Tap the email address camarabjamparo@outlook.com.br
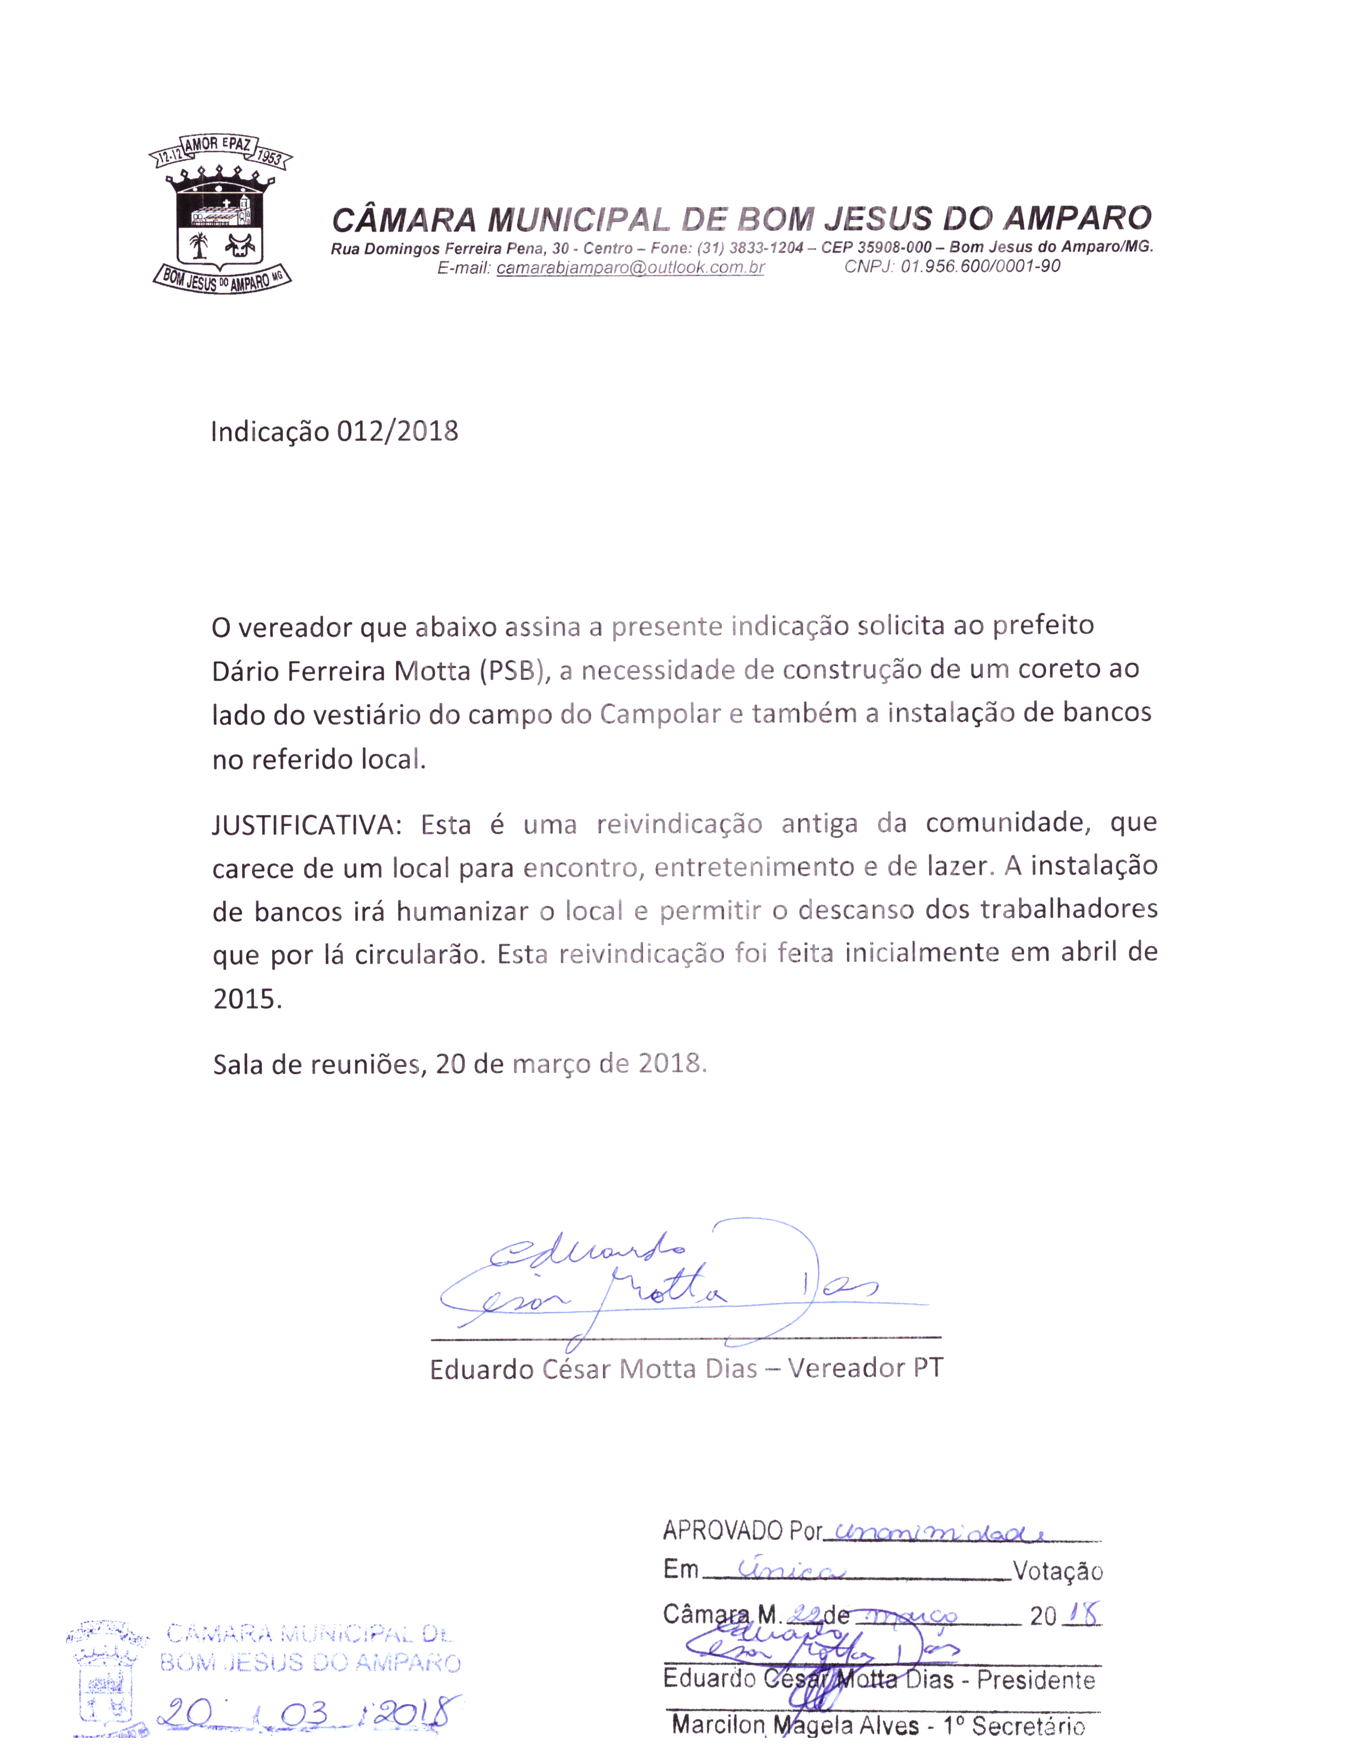click(x=630, y=268)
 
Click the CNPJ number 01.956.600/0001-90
click(x=979, y=266)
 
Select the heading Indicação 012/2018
click(x=334, y=432)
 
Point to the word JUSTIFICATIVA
click(x=306, y=825)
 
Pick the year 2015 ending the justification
click(x=247, y=999)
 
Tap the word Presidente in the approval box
click(x=1036, y=1679)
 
